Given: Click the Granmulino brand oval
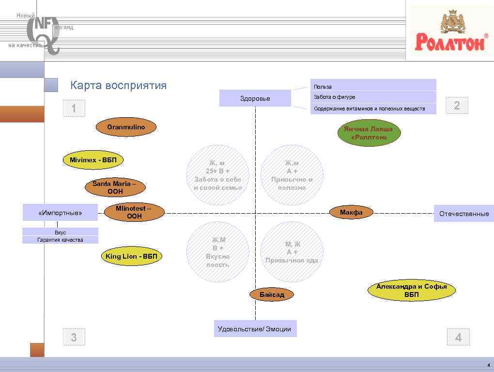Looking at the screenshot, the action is point(126,127).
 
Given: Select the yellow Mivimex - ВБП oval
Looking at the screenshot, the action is point(93,160).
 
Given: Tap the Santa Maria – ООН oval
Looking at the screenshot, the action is point(115,187).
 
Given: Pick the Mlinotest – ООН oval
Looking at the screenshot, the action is point(134,213).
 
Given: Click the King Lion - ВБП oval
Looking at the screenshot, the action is point(131,256).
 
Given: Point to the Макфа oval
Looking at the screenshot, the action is point(351,212).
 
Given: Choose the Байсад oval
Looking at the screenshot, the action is point(272,294).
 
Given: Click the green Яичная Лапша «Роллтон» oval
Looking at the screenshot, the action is point(369,133).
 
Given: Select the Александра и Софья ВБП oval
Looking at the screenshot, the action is point(411,290).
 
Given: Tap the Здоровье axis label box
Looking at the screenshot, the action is point(255,98).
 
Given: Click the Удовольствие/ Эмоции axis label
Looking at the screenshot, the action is point(255,329).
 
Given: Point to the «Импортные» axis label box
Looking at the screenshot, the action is point(60,213).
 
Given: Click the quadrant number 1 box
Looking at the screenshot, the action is point(74,108).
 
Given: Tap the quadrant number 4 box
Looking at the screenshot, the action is point(458,337).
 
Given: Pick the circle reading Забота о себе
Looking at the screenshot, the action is point(218,175).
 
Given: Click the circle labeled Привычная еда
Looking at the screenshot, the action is point(292,252).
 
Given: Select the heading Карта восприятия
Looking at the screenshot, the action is point(118,86).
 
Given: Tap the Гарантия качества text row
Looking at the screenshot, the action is point(60,240).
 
